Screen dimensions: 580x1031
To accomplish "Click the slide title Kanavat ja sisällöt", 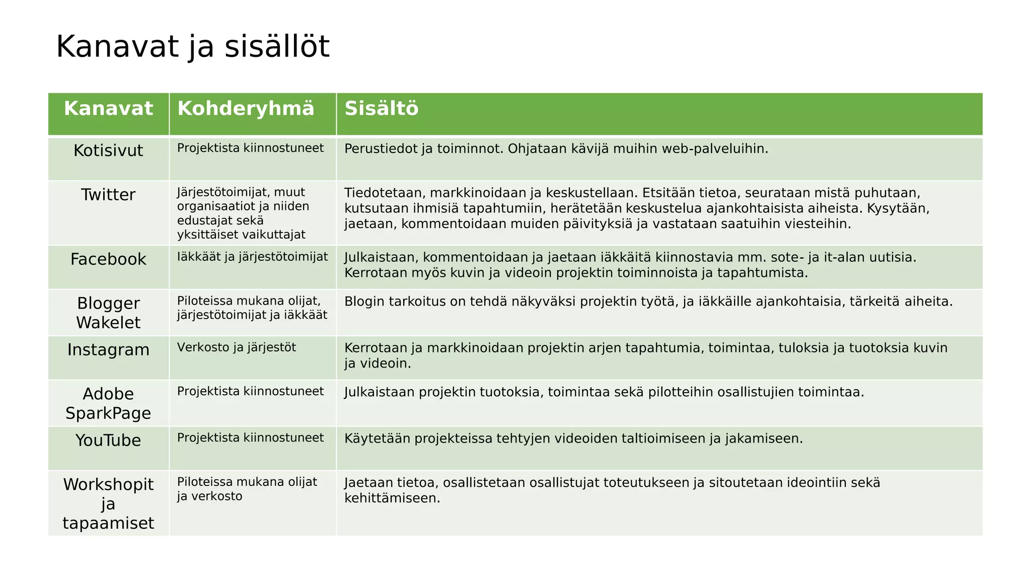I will pyautogui.click(x=192, y=47).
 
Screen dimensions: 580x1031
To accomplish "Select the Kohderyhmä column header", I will pyautogui.click(x=246, y=109).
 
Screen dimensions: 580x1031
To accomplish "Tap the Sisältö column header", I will pyautogui.click(x=381, y=109).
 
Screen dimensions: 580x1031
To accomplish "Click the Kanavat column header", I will pyautogui.click(x=108, y=109).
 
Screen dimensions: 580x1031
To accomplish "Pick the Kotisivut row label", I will pyautogui.click(x=108, y=151).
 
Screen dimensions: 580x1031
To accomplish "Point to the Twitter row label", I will pyautogui.click(x=108, y=195).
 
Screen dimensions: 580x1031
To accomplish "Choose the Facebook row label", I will pyautogui.click(x=108, y=259).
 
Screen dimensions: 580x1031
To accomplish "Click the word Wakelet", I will pyautogui.click(x=108, y=323).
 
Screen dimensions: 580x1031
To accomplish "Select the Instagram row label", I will pyautogui.click(x=108, y=350).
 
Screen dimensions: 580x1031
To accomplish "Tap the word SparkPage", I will pyautogui.click(x=108, y=413).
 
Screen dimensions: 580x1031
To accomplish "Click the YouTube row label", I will pyautogui.click(x=108, y=441).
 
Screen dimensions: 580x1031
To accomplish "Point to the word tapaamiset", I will pyautogui.click(x=108, y=523).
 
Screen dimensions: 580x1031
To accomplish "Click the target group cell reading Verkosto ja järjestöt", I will pyautogui.click(x=237, y=347).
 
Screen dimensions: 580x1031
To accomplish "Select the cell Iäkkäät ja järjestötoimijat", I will pyautogui.click(x=252, y=257).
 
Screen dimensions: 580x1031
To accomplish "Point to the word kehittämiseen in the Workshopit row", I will pyautogui.click(x=392, y=498).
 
